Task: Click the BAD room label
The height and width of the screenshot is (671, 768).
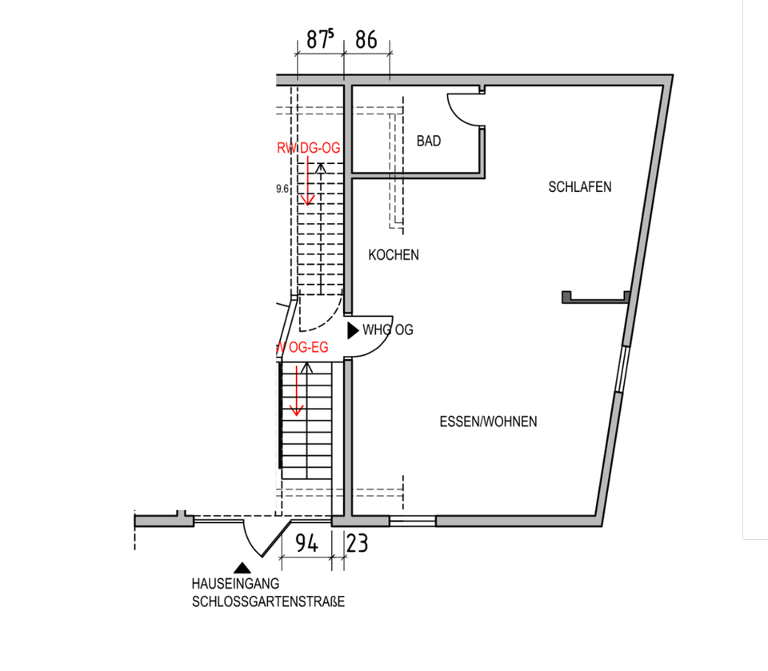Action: pos(429,141)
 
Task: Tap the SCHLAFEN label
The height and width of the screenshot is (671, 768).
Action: pos(580,187)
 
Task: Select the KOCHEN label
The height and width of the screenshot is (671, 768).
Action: pos(394,255)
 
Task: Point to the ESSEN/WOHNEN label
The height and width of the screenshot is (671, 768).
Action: pos(488,421)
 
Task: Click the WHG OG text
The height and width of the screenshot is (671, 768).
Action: pos(388,330)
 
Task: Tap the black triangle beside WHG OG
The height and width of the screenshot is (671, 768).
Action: pos(352,329)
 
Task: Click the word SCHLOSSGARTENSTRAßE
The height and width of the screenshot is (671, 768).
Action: pos(268,601)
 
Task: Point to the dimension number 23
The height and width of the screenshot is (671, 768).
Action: pos(357,545)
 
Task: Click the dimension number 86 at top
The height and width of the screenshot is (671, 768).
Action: pos(366,41)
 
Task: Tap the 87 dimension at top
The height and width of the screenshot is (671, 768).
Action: pos(318,41)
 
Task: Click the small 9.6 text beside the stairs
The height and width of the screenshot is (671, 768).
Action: pos(281,190)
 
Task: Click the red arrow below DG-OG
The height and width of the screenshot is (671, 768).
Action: pos(307,181)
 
